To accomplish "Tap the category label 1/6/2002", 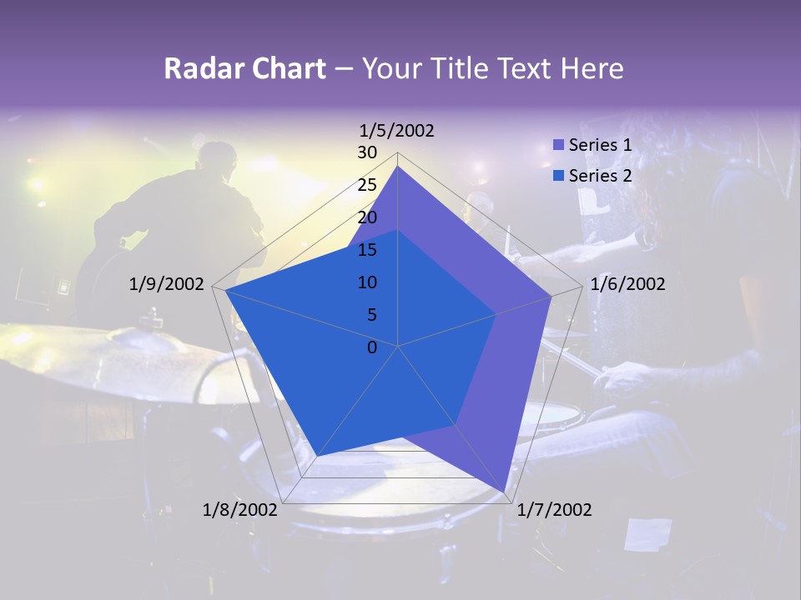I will coord(627,284).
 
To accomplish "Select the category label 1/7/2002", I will coord(554,510).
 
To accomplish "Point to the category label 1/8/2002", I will coord(240,510).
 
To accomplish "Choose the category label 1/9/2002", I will coord(167,284).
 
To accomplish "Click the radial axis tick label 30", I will coord(367,152).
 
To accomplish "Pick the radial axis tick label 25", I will coord(367,185).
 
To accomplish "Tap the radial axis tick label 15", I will coord(367,250).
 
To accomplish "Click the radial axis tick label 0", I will coord(372,347).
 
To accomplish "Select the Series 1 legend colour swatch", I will coord(559,145).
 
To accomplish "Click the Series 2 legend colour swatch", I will coord(559,176).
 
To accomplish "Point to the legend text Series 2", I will coord(600,176).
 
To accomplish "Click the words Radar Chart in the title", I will coord(244,68).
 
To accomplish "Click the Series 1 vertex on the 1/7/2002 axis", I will coord(505,492).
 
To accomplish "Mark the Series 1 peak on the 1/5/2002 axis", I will coord(398,167).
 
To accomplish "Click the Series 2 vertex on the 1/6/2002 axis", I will coord(496,314).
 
